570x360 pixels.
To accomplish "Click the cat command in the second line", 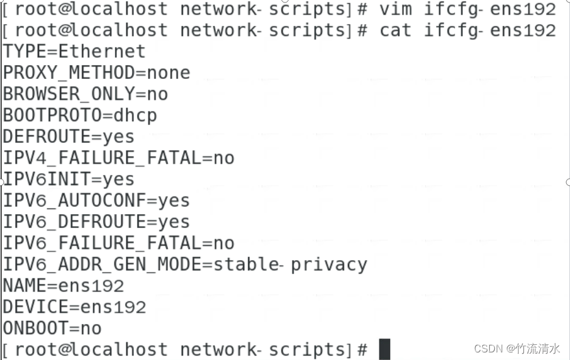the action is click(x=395, y=30).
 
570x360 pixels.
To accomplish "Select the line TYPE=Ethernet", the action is click(x=74, y=51).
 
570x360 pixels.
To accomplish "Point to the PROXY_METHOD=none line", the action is click(x=97, y=73).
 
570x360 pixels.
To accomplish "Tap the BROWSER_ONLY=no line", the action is click(x=85, y=94).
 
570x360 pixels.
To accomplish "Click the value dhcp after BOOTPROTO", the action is click(x=135, y=116).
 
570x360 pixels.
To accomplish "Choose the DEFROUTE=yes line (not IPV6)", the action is click(x=69, y=136).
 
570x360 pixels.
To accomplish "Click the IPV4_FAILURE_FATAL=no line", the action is click(x=119, y=158).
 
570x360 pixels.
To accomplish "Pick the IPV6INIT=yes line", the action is click(x=69, y=179).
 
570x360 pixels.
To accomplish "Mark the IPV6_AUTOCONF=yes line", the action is click(x=97, y=201).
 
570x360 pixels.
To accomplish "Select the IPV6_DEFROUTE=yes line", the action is click(x=97, y=222).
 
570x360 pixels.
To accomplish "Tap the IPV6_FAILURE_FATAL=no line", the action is click(x=119, y=243).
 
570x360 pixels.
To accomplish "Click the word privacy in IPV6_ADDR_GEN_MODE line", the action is click(x=328, y=264).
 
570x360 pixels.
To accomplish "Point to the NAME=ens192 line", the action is click(x=63, y=285).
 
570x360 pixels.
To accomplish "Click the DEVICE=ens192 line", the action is click(x=74, y=307).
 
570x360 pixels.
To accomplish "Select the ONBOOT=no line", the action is click(x=52, y=328).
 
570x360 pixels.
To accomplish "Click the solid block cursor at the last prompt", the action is click(x=384, y=349).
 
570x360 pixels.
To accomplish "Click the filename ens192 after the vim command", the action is click(x=523, y=9).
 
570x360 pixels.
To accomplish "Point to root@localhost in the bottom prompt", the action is click(x=91, y=349).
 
